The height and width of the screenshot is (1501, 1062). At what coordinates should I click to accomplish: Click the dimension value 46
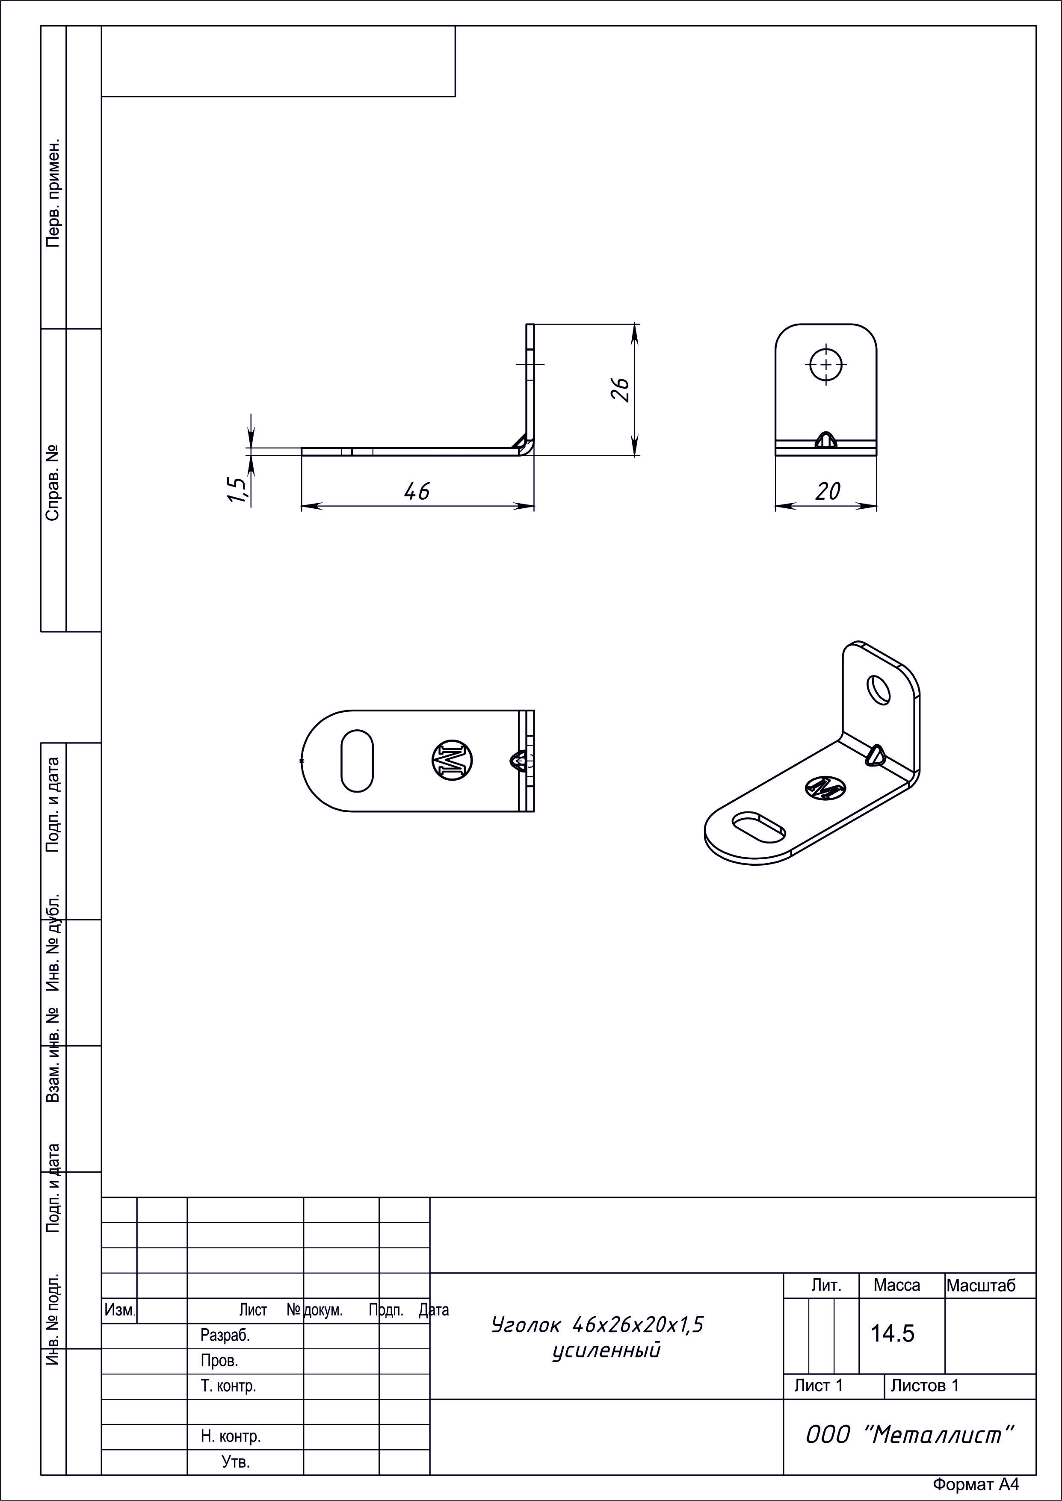click(417, 491)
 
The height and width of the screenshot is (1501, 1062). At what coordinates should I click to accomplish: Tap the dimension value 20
click(827, 491)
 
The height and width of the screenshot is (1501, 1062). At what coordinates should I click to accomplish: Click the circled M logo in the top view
click(452, 760)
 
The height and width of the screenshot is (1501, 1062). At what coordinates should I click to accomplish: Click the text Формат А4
click(976, 1485)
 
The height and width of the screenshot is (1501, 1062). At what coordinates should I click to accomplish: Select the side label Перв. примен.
click(53, 192)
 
